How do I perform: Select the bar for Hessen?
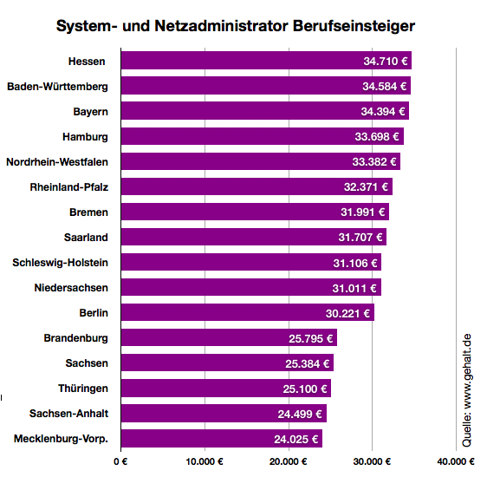(x=243, y=61)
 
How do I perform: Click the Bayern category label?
(x=90, y=112)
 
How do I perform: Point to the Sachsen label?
(x=87, y=363)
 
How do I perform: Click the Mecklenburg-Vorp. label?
(x=61, y=439)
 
